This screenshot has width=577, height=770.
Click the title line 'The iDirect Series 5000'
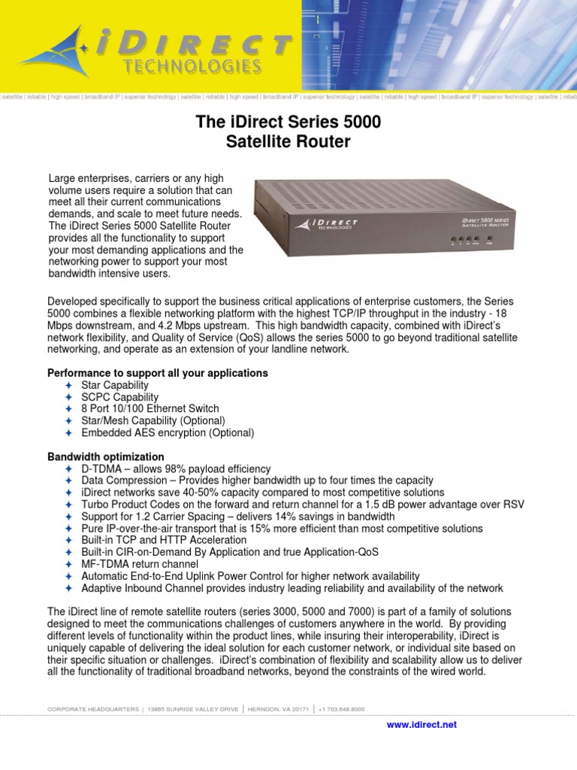pyautogui.click(x=288, y=122)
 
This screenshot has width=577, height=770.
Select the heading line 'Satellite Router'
pyautogui.click(x=288, y=141)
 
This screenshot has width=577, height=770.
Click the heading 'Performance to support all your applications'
pyautogui.click(x=158, y=373)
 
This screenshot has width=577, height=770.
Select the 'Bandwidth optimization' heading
pyautogui.click(x=106, y=456)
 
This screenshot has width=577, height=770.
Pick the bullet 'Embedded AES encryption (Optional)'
pyautogui.click(x=168, y=433)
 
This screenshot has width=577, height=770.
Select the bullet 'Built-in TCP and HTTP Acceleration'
pyautogui.click(x=164, y=540)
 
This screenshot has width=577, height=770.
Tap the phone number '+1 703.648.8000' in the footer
pyautogui.click(x=341, y=709)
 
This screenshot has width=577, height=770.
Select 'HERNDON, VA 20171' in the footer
pyautogui.click(x=279, y=709)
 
